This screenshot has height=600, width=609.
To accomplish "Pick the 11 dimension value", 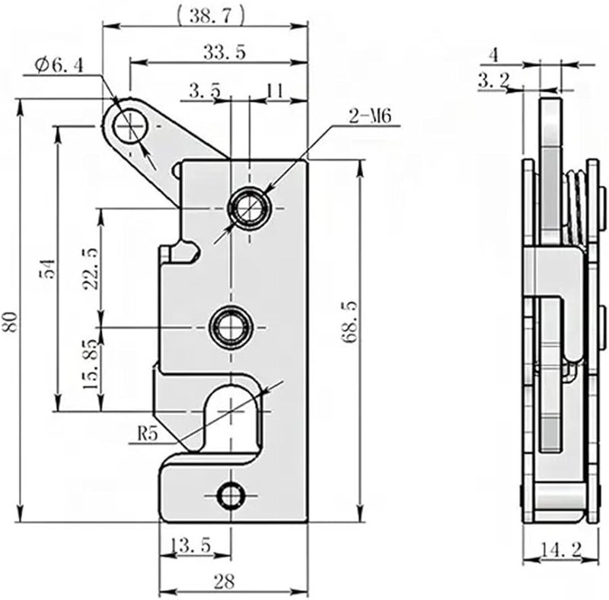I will (274, 90).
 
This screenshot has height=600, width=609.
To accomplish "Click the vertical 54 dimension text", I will (46, 271).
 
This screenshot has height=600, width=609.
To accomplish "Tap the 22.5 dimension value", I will (91, 267).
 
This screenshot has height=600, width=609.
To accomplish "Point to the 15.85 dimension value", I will (91, 364).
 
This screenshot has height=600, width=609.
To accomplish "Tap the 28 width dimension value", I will (223, 583).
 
